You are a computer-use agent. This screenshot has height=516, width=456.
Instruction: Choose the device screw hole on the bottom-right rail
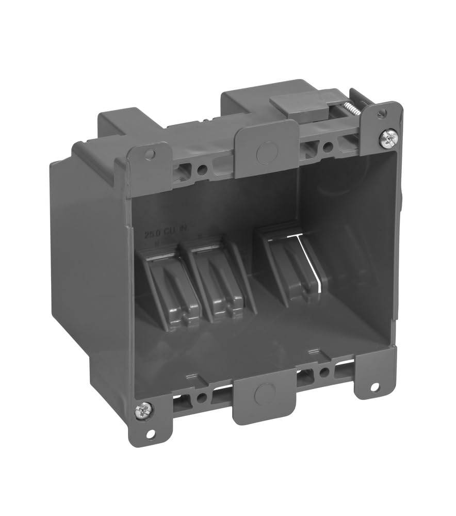point(324,371)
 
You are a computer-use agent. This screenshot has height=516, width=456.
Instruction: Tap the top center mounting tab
point(267,150)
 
